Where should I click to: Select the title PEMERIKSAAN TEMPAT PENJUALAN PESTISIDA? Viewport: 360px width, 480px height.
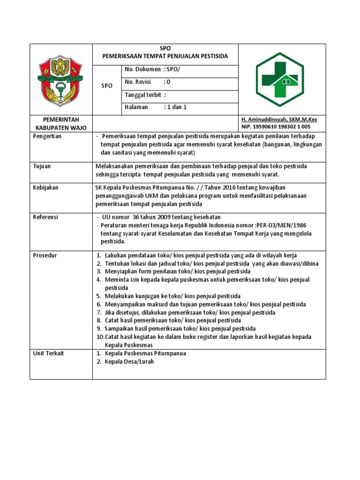tap(165, 56)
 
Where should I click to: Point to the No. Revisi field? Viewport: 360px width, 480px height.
tap(148, 82)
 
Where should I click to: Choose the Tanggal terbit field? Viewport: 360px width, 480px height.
tap(146, 96)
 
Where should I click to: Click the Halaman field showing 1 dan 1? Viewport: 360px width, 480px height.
tap(156, 107)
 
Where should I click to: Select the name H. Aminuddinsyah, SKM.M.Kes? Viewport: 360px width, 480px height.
tap(279, 120)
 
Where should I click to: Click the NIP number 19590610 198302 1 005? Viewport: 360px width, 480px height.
tap(276, 127)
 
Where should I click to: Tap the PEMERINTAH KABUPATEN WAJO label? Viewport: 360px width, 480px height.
tap(61, 123)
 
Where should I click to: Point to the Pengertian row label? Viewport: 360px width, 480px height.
tap(47, 136)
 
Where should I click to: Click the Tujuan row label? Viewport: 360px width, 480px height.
tap(42, 166)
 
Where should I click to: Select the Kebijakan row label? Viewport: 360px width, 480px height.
tap(45, 187)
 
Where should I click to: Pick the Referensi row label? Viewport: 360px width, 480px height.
tap(45, 217)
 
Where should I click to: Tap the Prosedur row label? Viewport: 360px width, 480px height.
tap(45, 255)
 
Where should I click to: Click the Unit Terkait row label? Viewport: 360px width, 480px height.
tap(48, 353)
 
